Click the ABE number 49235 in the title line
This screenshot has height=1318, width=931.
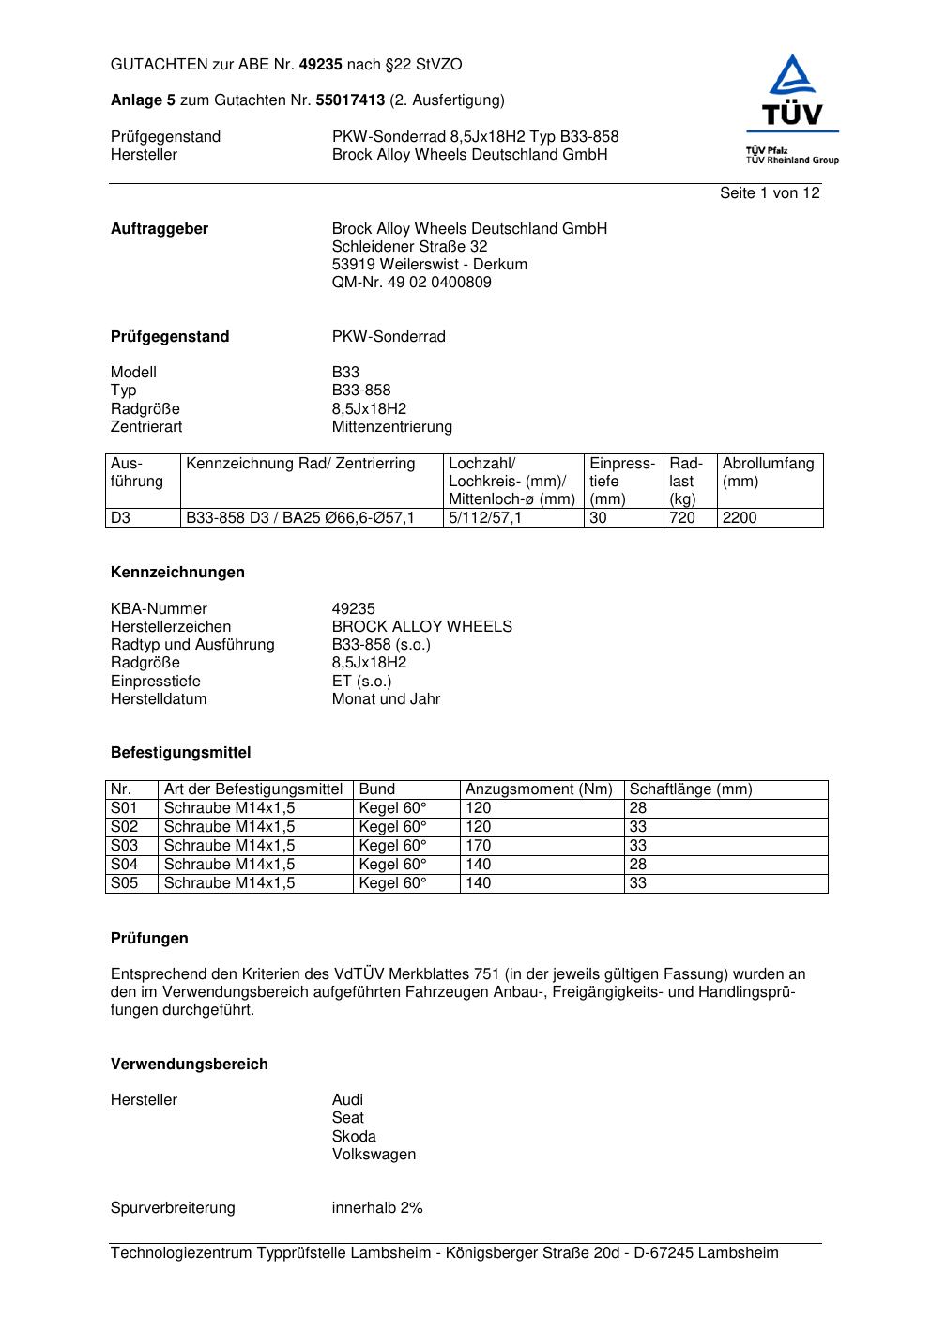point(322,65)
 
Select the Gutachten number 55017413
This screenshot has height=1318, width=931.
point(350,100)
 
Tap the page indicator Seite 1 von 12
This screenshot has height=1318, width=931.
point(770,192)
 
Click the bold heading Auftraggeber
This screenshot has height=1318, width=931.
point(160,228)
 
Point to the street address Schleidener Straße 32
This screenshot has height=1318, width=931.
point(409,246)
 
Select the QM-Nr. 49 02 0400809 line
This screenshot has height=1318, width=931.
point(411,282)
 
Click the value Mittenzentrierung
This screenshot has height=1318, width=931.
point(391,426)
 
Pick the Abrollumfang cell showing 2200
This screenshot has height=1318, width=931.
point(740,517)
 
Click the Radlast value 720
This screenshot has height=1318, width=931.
point(682,517)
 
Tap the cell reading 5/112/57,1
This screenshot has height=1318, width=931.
point(484,517)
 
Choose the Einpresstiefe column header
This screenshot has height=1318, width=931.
point(622,481)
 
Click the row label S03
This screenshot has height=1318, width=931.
point(124,845)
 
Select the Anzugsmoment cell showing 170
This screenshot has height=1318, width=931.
point(478,845)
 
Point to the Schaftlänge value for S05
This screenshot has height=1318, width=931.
point(638,882)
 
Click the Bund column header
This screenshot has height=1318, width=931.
point(377,789)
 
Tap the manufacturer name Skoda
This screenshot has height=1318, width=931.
point(354,1136)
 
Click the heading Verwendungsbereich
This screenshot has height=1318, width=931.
point(190,1064)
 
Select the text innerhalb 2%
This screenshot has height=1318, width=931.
point(377,1207)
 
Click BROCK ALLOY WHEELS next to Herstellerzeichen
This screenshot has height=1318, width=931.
point(422,626)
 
